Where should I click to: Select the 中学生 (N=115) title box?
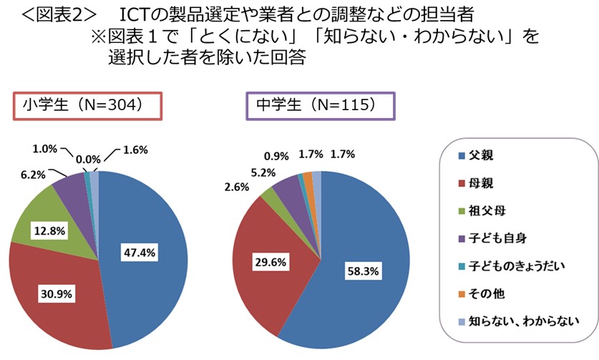click(314, 104)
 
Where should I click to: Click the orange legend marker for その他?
click(461, 294)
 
